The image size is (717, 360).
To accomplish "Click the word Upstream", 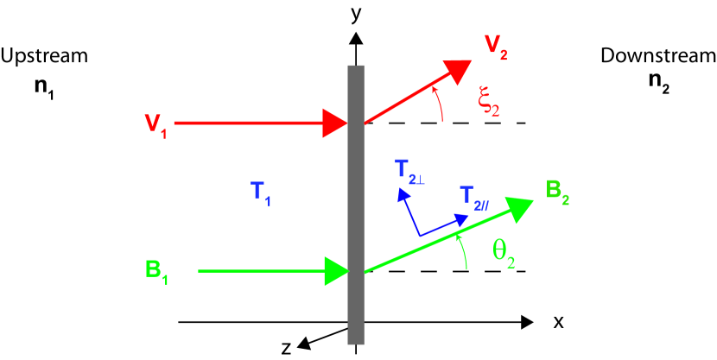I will (x=44, y=57).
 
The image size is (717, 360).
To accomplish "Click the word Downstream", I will (x=658, y=57).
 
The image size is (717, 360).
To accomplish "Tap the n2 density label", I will (x=658, y=88).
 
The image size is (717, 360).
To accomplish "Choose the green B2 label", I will (x=559, y=190).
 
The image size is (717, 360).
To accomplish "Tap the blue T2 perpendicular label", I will (x=410, y=168).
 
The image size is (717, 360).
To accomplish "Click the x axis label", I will (x=559, y=322).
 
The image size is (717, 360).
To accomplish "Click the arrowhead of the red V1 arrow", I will (x=334, y=123).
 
